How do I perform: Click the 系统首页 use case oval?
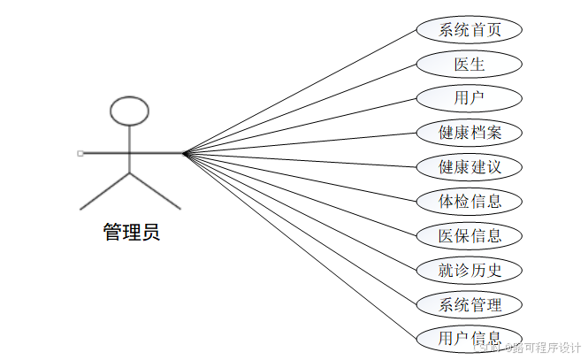(470, 30)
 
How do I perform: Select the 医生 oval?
(470, 65)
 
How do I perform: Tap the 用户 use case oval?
(470, 98)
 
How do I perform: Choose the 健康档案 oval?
(470, 133)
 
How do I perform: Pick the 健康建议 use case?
(470, 167)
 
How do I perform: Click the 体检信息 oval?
(470, 201)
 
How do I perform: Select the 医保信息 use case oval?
(470, 235)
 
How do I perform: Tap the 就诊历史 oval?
(470, 270)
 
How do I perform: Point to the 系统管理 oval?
(470, 304)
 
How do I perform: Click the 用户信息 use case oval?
(470, 338)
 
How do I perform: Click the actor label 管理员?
(131, 234)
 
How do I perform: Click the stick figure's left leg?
(105, 191)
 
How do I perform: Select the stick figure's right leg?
(155, 191)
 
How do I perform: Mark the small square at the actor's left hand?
(80, 153)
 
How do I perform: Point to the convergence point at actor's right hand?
(186, 153)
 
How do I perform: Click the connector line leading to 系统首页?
(301, 91)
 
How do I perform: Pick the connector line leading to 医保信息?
(301, 194)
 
